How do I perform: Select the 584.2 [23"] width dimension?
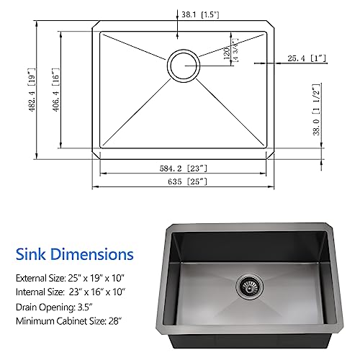(185, 168)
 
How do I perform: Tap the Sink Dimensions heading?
(73, 253)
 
